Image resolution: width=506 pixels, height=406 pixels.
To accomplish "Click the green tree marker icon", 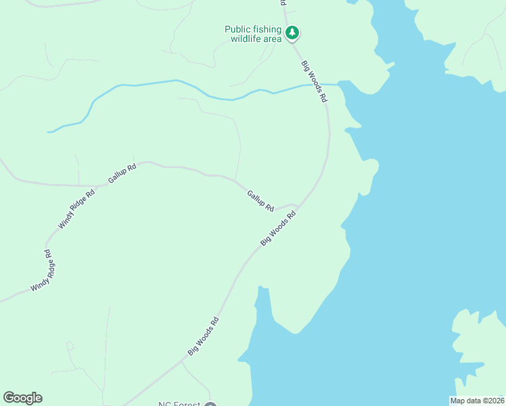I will click(292, 32).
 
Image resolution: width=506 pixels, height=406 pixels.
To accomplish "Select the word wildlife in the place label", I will click(246, 39).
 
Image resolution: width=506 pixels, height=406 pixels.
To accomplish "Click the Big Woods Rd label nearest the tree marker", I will click(315, 81).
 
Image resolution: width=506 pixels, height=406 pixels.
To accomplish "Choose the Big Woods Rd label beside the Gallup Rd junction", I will click(279, 229).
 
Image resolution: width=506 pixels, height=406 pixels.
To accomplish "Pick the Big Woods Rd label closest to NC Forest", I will click(204, 336).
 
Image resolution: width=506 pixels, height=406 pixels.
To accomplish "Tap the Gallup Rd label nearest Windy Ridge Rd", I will click(122, 174).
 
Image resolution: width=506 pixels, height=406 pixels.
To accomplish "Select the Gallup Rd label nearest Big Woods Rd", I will click(260, 200).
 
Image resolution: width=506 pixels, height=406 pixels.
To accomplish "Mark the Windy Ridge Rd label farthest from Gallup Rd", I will click(41, 271).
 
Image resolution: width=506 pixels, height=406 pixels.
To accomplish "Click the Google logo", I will click(22, 398).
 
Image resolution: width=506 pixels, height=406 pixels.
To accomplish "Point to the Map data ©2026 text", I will click(477, 401).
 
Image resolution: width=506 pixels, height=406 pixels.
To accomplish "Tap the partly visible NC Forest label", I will click(179, 404).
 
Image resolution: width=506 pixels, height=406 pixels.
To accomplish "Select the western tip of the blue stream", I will click(49, 132).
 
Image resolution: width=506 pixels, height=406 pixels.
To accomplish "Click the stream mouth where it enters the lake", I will click(338, 84).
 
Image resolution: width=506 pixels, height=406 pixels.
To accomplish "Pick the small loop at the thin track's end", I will click(70, 346).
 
